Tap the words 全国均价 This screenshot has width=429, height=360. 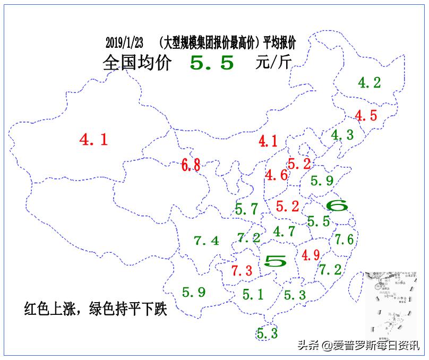(137, 63)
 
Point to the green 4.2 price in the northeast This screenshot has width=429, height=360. (369, 82)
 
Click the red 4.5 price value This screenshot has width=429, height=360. (366, 115)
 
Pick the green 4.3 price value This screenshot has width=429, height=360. (342, 135)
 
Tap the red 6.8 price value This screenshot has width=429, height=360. (191, 165)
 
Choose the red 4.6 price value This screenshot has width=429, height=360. (277, 175)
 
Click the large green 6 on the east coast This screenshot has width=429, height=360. (336, 205)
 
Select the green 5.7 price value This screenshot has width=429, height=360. (246, 209)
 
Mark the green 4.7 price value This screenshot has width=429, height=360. (284, 231)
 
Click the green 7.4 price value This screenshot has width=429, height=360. (207, 241)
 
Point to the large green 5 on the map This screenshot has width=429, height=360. (276, 260)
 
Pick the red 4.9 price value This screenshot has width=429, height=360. (311, 255)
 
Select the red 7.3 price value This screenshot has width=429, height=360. (242, 270)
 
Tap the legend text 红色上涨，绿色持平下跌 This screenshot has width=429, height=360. (96, 309)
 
